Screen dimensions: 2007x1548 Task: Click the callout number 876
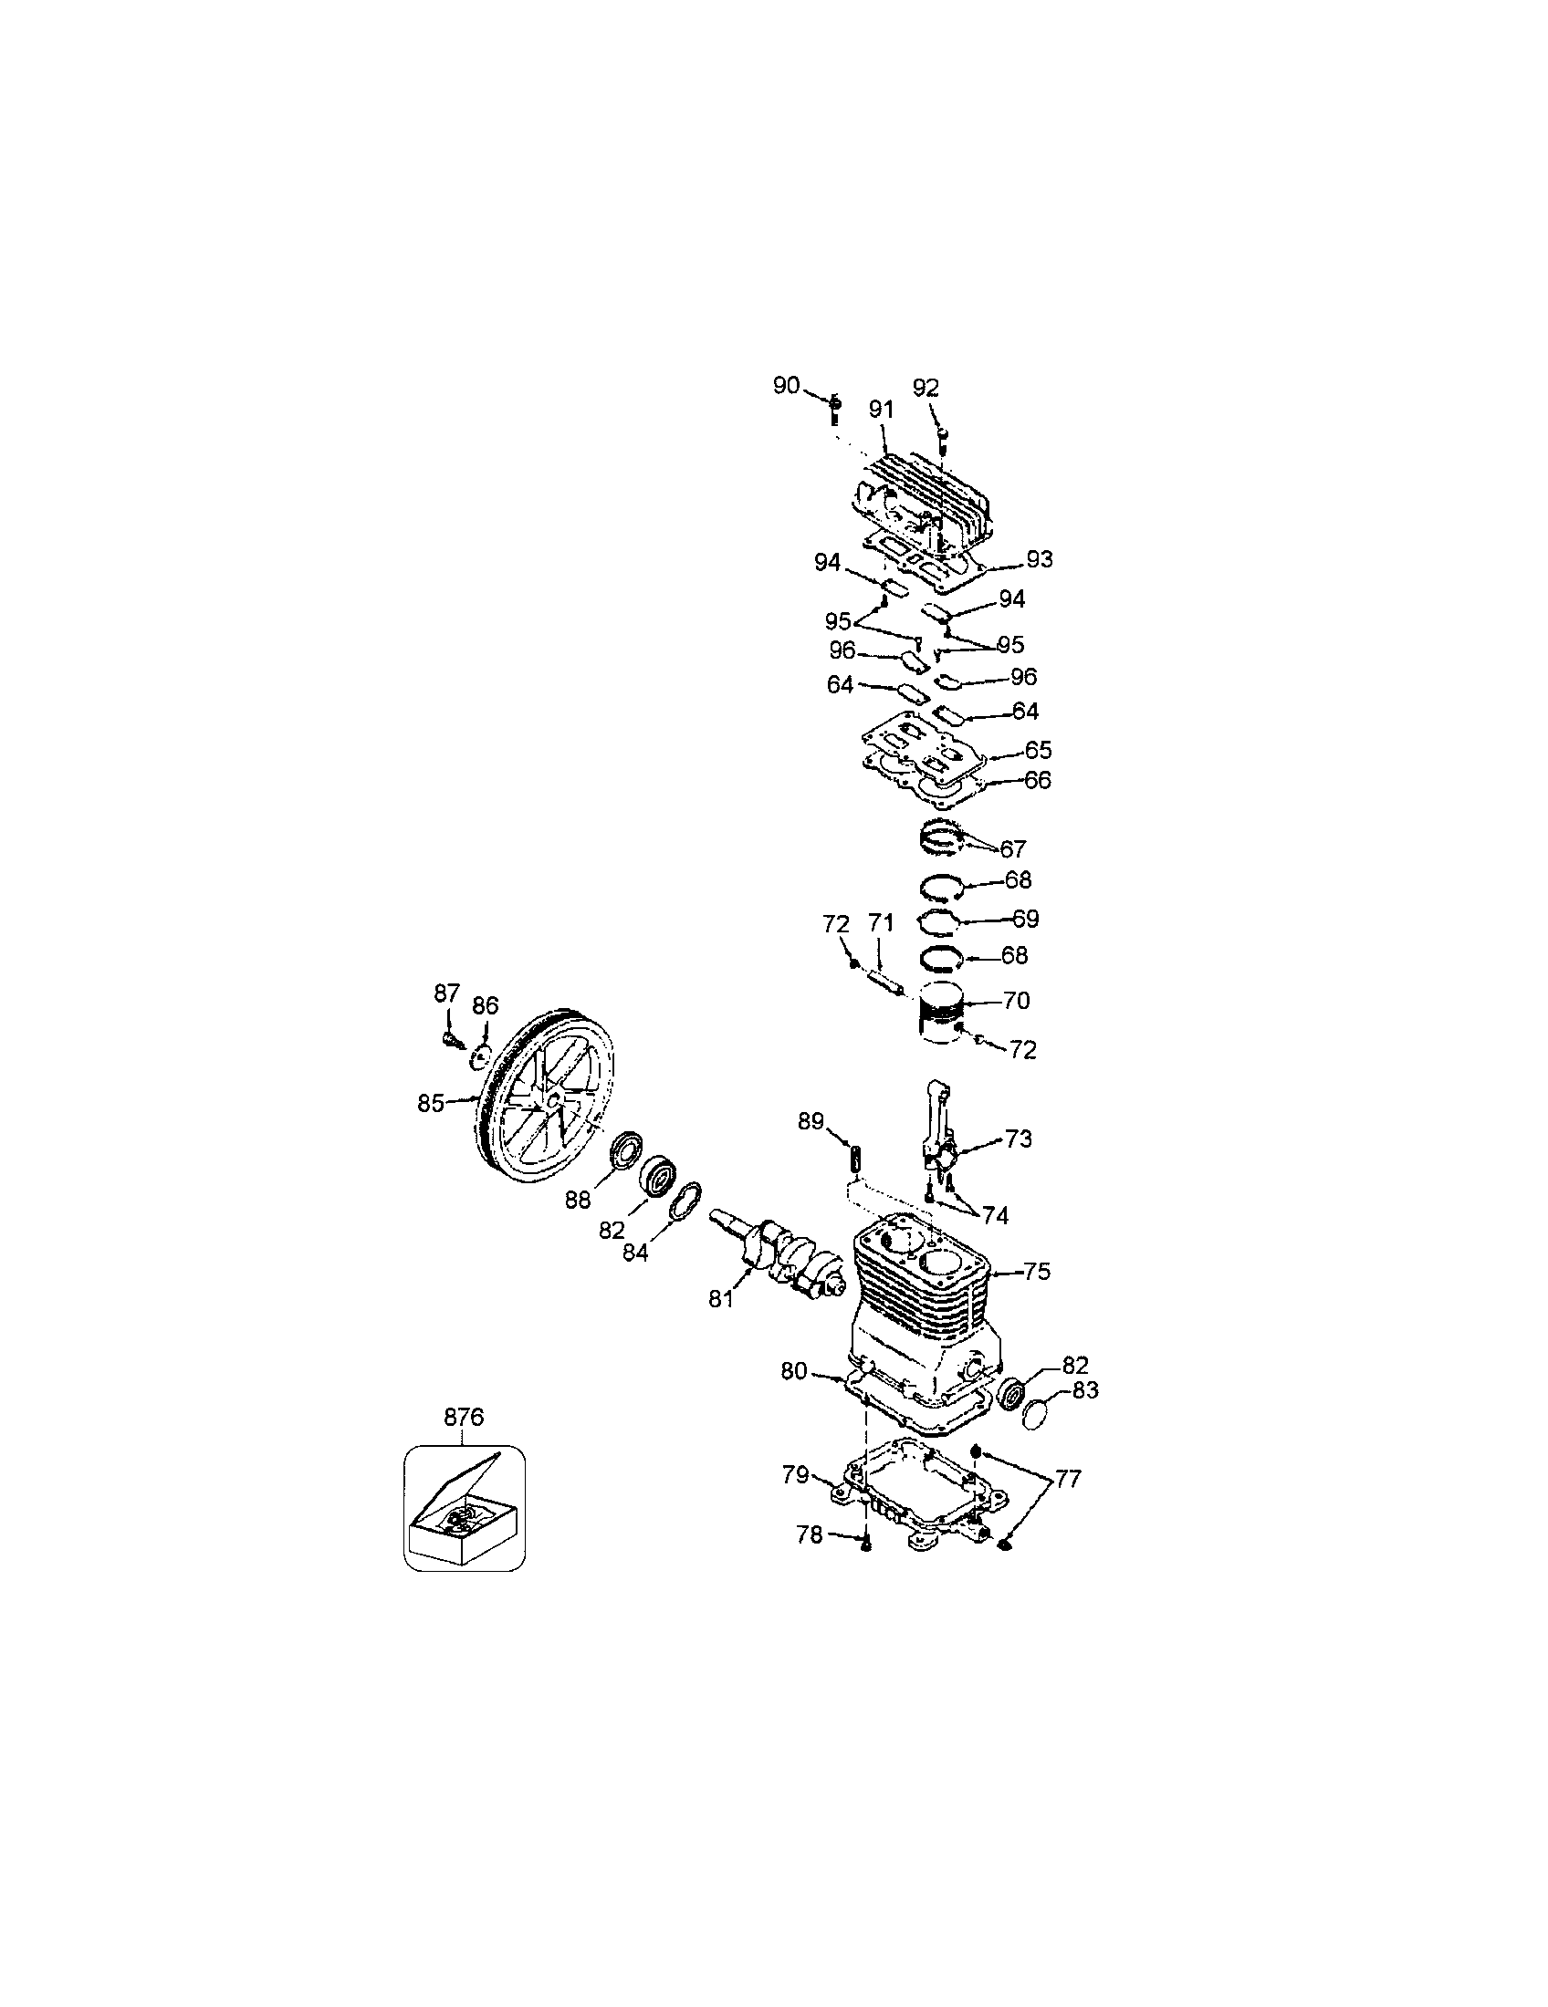pos(464,1417)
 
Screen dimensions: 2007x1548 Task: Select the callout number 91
pos(882,410)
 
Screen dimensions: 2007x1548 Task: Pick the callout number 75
pos(1036,1272)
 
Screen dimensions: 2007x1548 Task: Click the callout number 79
pos(795,1474)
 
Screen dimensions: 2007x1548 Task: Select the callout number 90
pos(786,385)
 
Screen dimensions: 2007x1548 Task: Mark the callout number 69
pos(1024,918)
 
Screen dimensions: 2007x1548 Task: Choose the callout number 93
pos(1040,558)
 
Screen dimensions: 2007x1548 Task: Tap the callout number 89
pos(810,1121)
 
